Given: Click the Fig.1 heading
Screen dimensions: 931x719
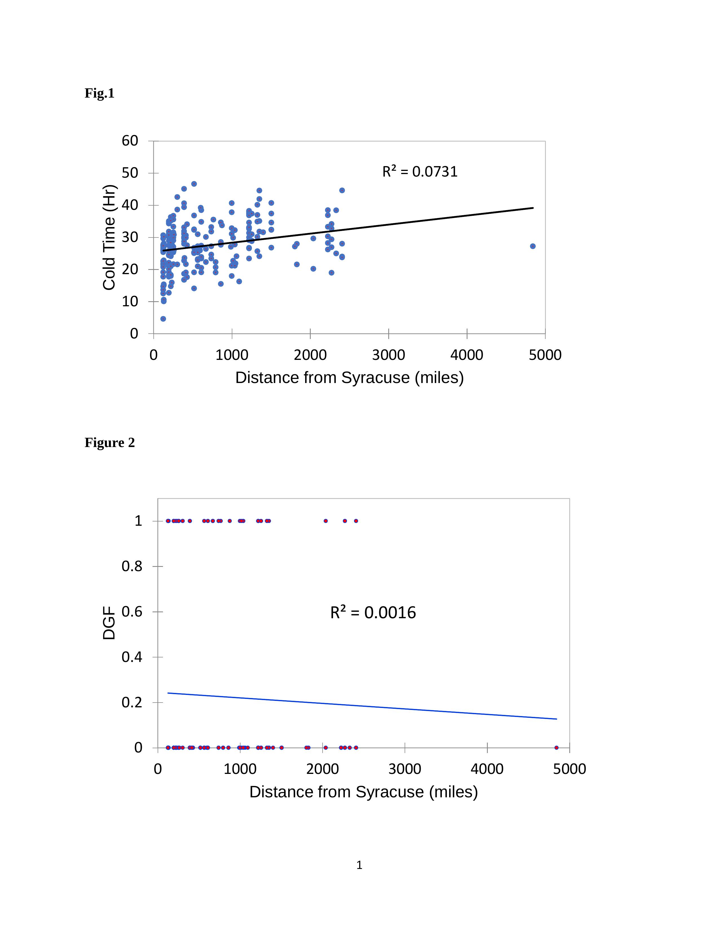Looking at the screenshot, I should tap(99, 93).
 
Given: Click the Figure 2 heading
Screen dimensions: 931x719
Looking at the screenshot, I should tap(109, 443).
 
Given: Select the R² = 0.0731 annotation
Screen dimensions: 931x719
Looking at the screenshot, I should tap(420, 171).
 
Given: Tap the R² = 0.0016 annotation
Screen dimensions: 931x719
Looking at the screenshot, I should tap(373, 613).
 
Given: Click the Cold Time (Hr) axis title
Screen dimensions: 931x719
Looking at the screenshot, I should tap(109, 237).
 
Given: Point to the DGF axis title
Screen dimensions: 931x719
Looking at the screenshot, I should tap(109, 623).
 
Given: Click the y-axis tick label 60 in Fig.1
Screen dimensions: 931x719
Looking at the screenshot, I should tap(130, 141).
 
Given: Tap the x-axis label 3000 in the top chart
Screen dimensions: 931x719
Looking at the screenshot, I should tap(388, 355).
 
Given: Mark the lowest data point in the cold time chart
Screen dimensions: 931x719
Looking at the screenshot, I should tap(163, 319).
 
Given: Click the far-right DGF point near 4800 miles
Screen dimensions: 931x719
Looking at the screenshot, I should tap(556, 748).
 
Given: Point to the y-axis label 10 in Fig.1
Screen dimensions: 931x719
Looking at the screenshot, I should tap(130, 301).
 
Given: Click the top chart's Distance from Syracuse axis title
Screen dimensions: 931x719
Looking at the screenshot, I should tap(349, 378).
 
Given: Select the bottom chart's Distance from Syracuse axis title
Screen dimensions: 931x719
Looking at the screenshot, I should tap(363, 792).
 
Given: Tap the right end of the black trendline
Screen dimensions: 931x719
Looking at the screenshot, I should tap(533, 208).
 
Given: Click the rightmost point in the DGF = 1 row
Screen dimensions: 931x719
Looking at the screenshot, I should tap(356, 521).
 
